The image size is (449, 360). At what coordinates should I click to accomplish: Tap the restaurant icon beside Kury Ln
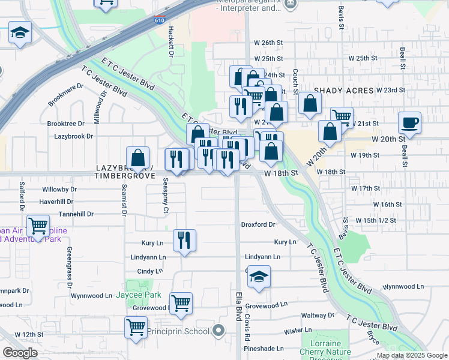pyautogui.click(x=184, y=240)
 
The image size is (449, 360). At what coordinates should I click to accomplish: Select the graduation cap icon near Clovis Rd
pyautogui.click(x=259, y=277)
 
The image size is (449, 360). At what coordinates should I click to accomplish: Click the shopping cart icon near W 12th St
pyautogui.click(x=136, y=328)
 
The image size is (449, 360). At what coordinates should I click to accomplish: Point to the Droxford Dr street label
pyautogui.click(x=258, y=224)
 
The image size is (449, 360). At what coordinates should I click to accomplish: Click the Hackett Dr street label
pyautogui.click(x=170, y=46)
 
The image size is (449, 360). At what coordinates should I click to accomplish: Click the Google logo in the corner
pyautogui.click(x=20, y=352)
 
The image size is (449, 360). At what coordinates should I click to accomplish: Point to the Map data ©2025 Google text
pyautogui.click(x=411, y=355)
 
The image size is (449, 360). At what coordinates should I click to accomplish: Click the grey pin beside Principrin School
pyautogui.click(x=218, y=331)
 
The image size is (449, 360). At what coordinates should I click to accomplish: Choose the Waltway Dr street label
pyautogui.click(x=318, y=315)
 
